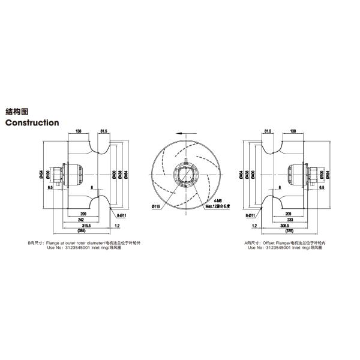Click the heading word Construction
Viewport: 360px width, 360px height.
[x=32, y=123]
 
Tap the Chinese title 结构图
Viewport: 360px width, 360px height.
[x=17, y=112]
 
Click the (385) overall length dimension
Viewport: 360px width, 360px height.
[x=82, y=232]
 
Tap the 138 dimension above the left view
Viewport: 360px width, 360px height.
[x=79, y=130]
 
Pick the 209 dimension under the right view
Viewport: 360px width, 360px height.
[x=289, y=214]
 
